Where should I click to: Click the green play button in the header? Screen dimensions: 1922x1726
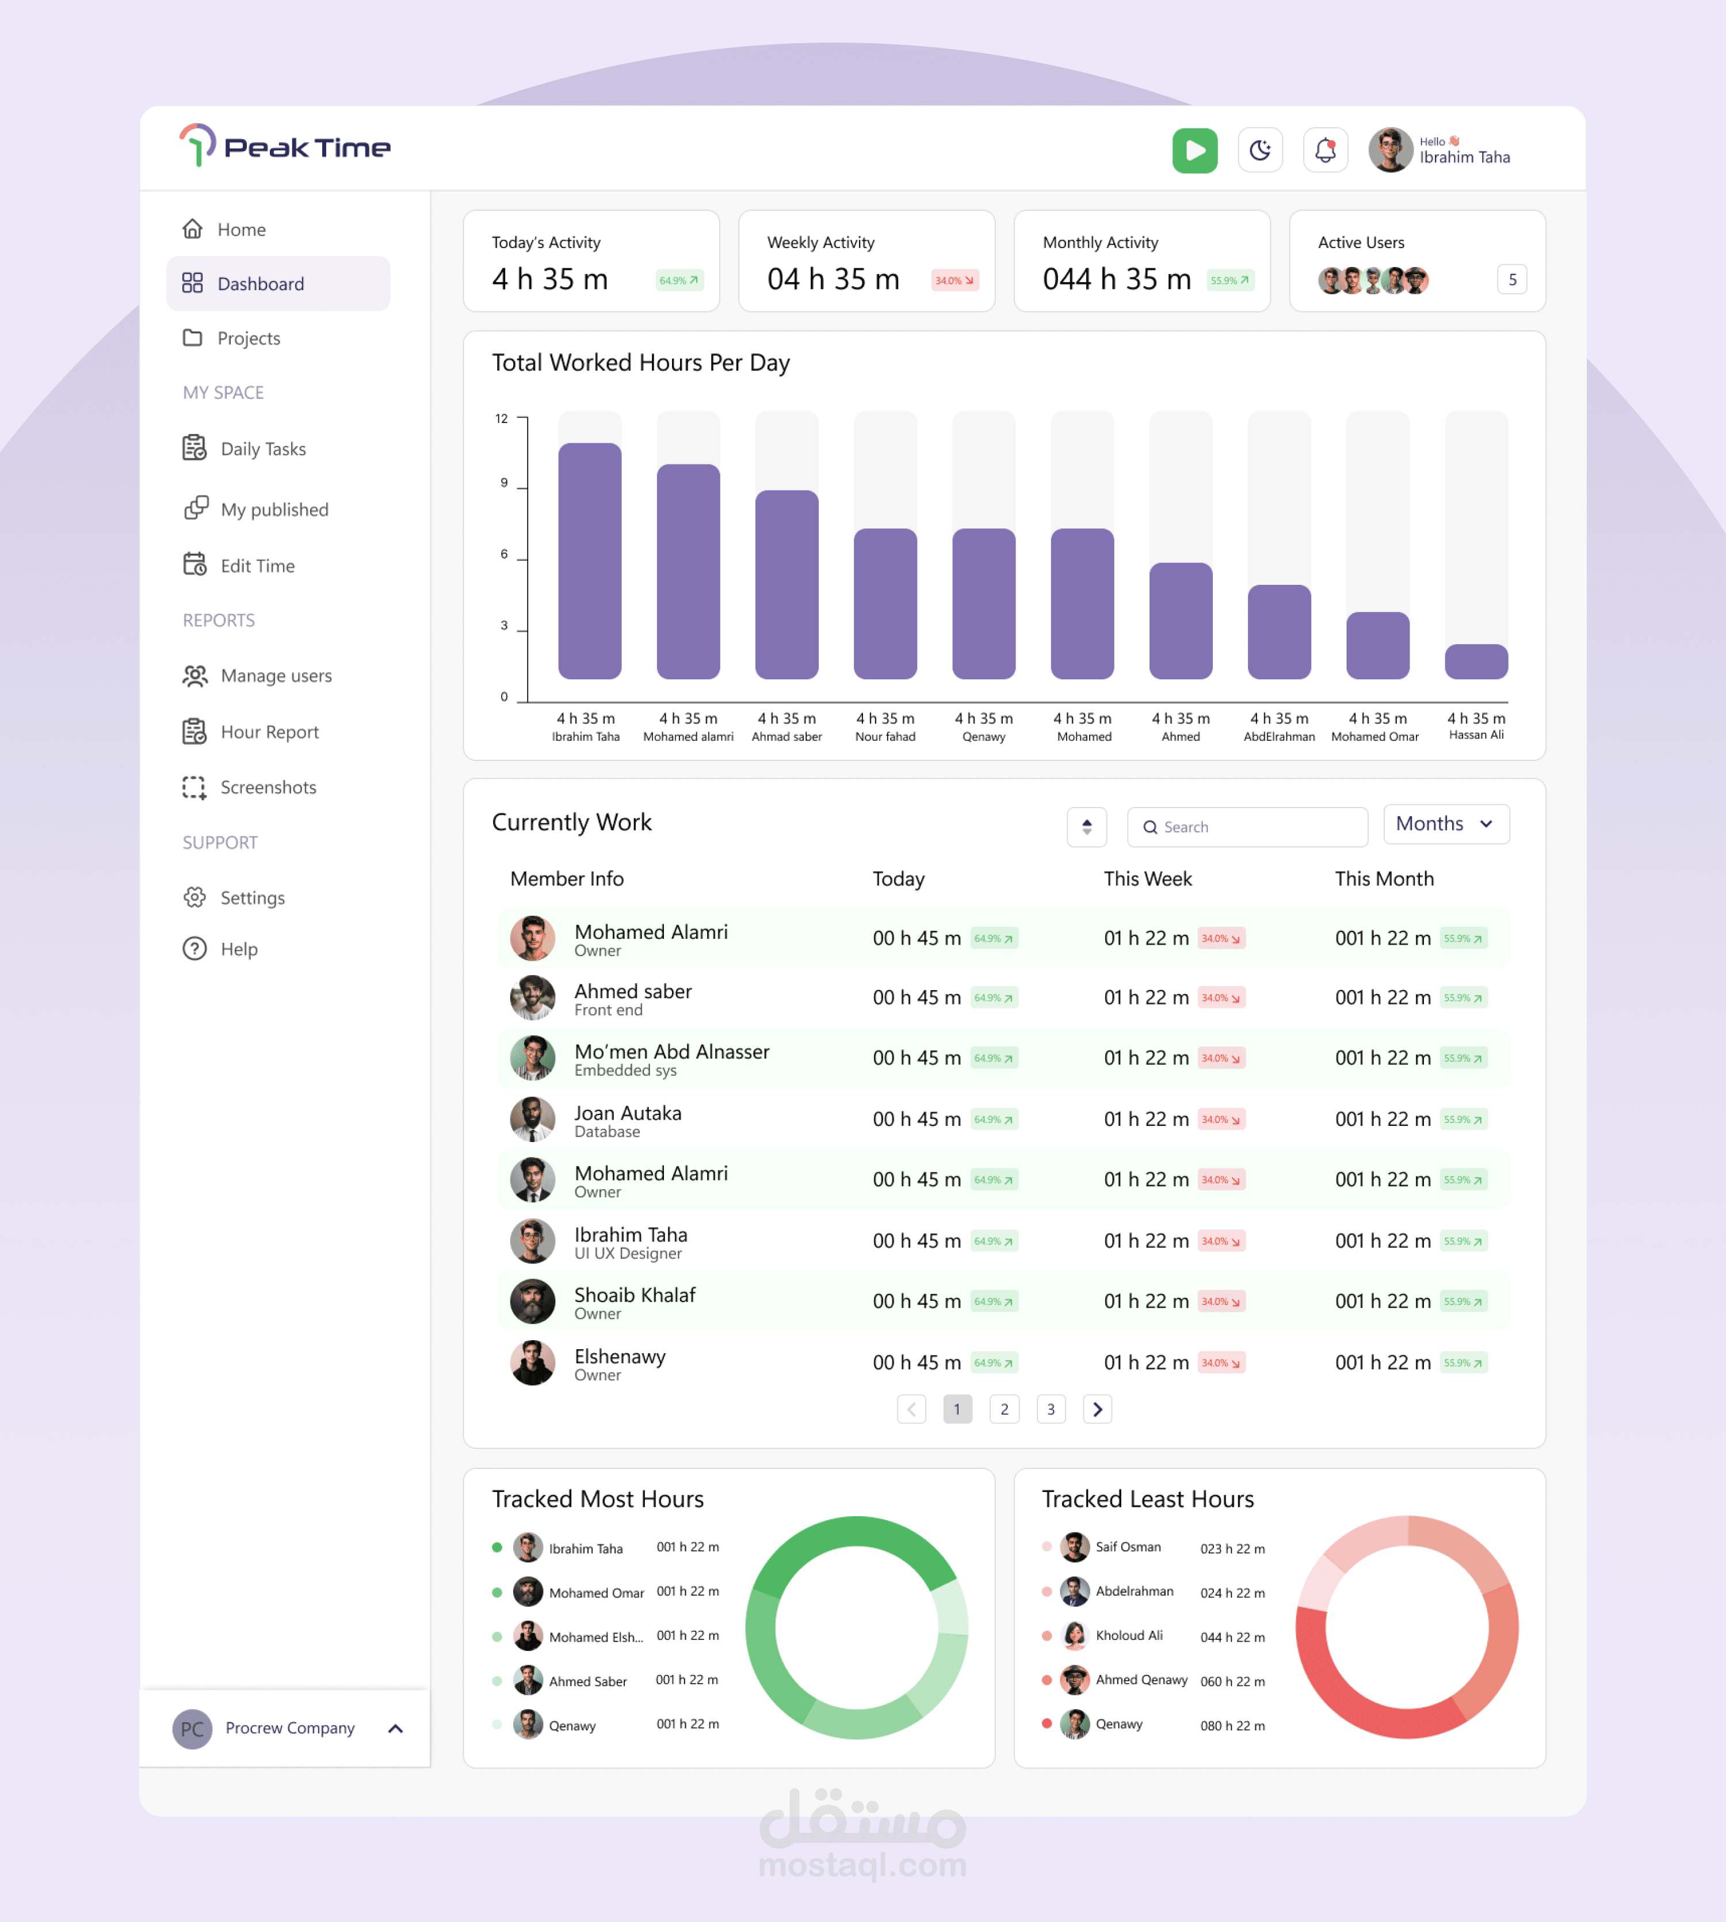(x=1194, y=150)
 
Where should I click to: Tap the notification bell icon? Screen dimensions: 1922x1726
(x=1325, y=150)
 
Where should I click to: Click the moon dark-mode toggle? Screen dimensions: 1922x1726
(x=1259, y=150)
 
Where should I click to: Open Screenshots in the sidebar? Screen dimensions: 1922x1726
(x=268, y=787)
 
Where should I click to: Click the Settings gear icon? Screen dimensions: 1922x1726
(x=194, y=897)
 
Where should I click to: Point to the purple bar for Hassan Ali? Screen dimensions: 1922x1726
(x=1476, y=661)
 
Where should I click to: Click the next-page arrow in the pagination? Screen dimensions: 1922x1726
(x=1097, y=1409)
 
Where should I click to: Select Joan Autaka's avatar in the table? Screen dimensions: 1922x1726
(x=532, y=1120)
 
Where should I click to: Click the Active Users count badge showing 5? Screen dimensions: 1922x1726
(x=1511, y=280)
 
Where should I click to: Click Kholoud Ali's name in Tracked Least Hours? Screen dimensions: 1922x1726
(x=1129, y=1635)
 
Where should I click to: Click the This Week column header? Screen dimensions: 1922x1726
(x=1148, y=878)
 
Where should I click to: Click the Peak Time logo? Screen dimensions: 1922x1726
(x=285, y=147)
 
